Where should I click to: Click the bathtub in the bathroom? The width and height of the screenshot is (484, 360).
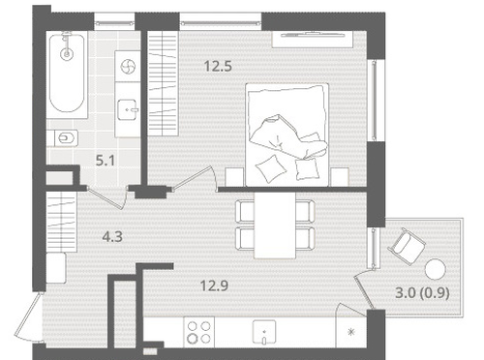click(x=67, y=75)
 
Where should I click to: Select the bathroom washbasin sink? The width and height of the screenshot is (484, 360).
click(x=128, y=110)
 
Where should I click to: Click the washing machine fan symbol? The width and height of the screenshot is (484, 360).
click(x=128, y=67)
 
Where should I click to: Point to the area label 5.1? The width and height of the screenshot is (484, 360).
click(x=106, y=161)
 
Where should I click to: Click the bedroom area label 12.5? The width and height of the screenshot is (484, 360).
click(x=218, y=67)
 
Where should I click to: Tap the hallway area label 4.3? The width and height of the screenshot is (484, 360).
click(x=112, y=237)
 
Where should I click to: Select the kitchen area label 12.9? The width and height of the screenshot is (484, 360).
click(x=214, y=285)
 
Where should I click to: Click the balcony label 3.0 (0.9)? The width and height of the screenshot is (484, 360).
click(x=422, y=293)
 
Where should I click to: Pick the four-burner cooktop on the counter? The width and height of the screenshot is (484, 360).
click(x=198, y=332)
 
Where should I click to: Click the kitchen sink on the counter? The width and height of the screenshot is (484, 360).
click(x=264, y=332)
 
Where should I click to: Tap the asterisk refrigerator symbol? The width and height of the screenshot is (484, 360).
click(x=351, y=332)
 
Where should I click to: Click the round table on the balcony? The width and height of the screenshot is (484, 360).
click(x=436, y=269)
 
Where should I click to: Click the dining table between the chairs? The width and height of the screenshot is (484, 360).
click(x=275, y=225)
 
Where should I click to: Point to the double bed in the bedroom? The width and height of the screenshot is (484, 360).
click(x=287, y=135)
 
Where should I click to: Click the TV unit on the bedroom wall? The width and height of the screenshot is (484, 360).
click(x=312, y=39)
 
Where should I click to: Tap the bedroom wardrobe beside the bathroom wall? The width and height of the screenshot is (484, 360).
click(x=163, y=83)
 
